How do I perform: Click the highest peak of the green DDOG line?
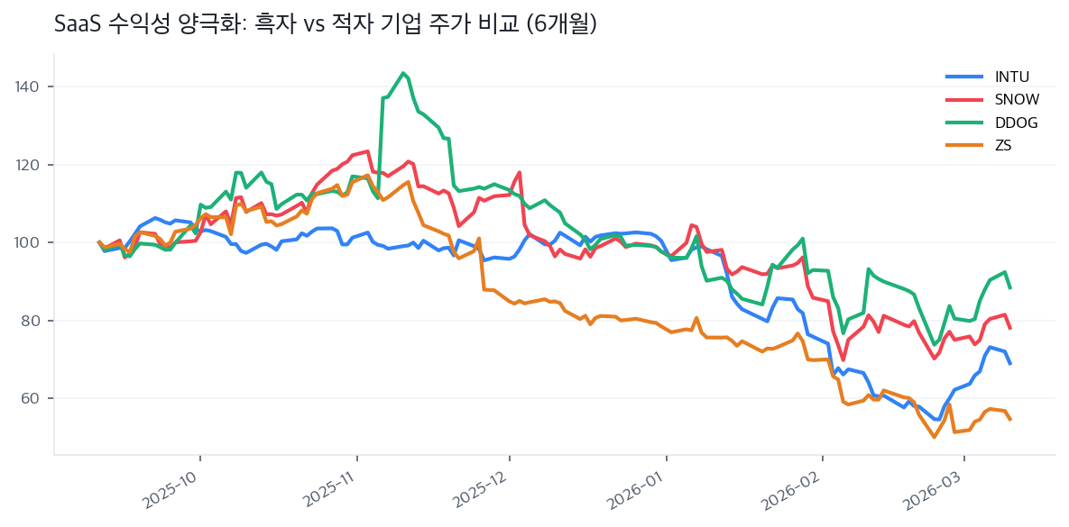tap(402, 73)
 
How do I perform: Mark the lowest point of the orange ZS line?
tap(935, 437)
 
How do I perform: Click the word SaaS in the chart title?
tap(77, 24)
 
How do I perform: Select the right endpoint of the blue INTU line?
tap(1010, 363)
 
